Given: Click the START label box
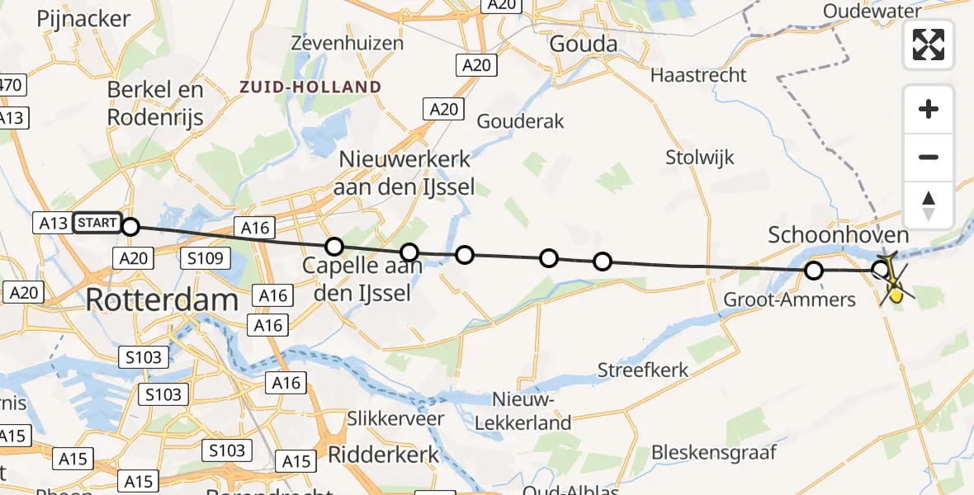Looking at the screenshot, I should coord(97,223).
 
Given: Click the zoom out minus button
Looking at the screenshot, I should coord(929,157).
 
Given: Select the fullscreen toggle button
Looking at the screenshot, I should coord(929,45).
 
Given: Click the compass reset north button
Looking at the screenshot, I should coord(929,205).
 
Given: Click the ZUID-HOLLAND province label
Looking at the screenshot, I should coord(310,87).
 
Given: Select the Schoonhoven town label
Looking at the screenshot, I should coord(839,236).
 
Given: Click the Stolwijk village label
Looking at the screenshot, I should coord(700,157).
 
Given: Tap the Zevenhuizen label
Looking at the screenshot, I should coord(348,43).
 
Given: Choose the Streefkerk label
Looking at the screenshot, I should coord(643,370).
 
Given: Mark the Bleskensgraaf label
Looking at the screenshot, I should coord(714,452).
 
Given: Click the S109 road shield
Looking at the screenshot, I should coord(204,259).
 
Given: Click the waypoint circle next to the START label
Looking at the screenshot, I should coord(130,225).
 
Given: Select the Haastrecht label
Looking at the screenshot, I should coord(698,75).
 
